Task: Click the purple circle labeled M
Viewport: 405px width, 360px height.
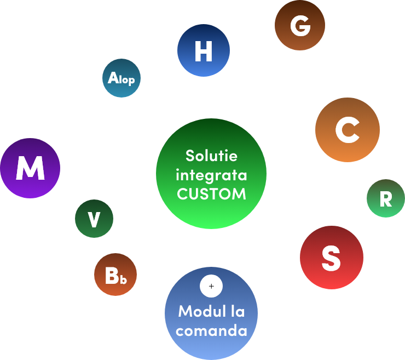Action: pyautogui.click(x=30, y=168)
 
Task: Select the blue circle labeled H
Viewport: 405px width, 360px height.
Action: pyautogui.click(x=203, y=50)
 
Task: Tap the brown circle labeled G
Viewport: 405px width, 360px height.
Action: pyautogui.click(x=299, y=25)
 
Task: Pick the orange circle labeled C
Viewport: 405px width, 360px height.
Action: pyautogui.click(x=347, y=130)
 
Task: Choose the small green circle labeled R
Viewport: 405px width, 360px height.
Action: pyautogui.click(x=385, y=198)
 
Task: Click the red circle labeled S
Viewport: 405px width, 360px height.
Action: pyautogui.click(x=332, y=257)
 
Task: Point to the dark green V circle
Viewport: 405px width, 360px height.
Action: pyautogui.click(x=94, y=219)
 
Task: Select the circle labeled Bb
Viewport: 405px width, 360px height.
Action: pyautogui.click(x=115, y=275)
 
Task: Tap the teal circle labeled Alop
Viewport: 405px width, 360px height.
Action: pyautogui.click(x=121, y=78)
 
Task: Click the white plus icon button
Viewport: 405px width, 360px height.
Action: pyautogui.click(x=212, y=285)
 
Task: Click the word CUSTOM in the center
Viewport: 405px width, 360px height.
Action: pyautogui.click(x=211, y=194)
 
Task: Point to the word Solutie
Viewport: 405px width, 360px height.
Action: pyautogui.click(x=211, y=156)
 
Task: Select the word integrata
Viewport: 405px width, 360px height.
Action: pyautogui.click(x=211, y=175)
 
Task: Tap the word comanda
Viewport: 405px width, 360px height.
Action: pyautogui.click(x=211, y=331)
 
